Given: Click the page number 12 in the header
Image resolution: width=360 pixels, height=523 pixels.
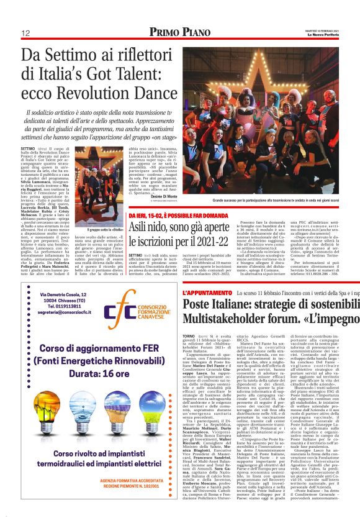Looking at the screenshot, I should point(26,32).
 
